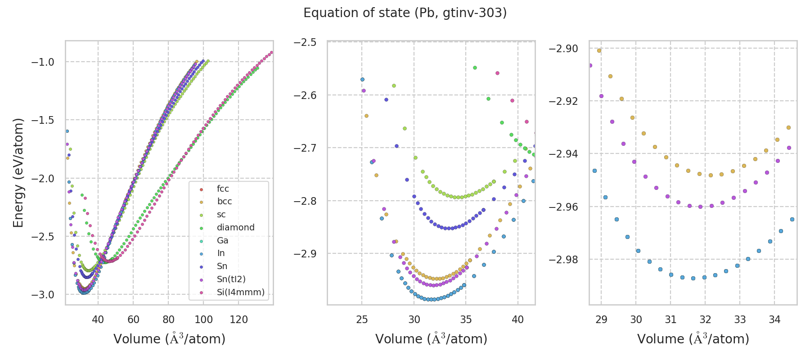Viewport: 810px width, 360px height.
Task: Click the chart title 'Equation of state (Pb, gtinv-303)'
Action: [x=405, y=13]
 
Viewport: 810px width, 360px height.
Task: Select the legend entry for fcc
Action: [x=223, y=189]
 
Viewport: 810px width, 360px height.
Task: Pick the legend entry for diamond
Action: [x=235, y=227]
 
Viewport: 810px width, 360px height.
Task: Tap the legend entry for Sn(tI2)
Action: [x=231, y=279]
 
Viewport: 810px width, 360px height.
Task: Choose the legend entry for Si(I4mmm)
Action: [x=240, y=292]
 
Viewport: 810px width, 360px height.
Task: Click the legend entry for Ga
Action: [x=222, y=240]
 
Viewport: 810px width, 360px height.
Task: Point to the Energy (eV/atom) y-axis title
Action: [x=18, y=172]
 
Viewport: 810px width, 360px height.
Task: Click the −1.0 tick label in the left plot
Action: [x=42, y=62]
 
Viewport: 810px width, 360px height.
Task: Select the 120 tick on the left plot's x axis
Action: [x=238, y=319]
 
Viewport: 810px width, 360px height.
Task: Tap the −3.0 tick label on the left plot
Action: [x=42, y=295]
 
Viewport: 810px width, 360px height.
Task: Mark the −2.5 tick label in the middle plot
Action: [x=305, y=42]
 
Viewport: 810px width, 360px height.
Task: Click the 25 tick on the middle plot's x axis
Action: [x=362, y=319]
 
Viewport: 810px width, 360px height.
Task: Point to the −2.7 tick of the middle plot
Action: [x=305, y=148]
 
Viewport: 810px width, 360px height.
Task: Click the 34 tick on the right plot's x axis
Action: [x=774, y=319]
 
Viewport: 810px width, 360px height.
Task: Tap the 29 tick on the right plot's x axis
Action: [x=601, y=319]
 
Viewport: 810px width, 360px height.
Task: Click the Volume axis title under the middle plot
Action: [x=431, y=339]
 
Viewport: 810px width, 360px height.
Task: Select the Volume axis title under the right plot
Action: [x=693, y=339]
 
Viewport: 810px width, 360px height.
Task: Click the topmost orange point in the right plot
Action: [x=599, y=50]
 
